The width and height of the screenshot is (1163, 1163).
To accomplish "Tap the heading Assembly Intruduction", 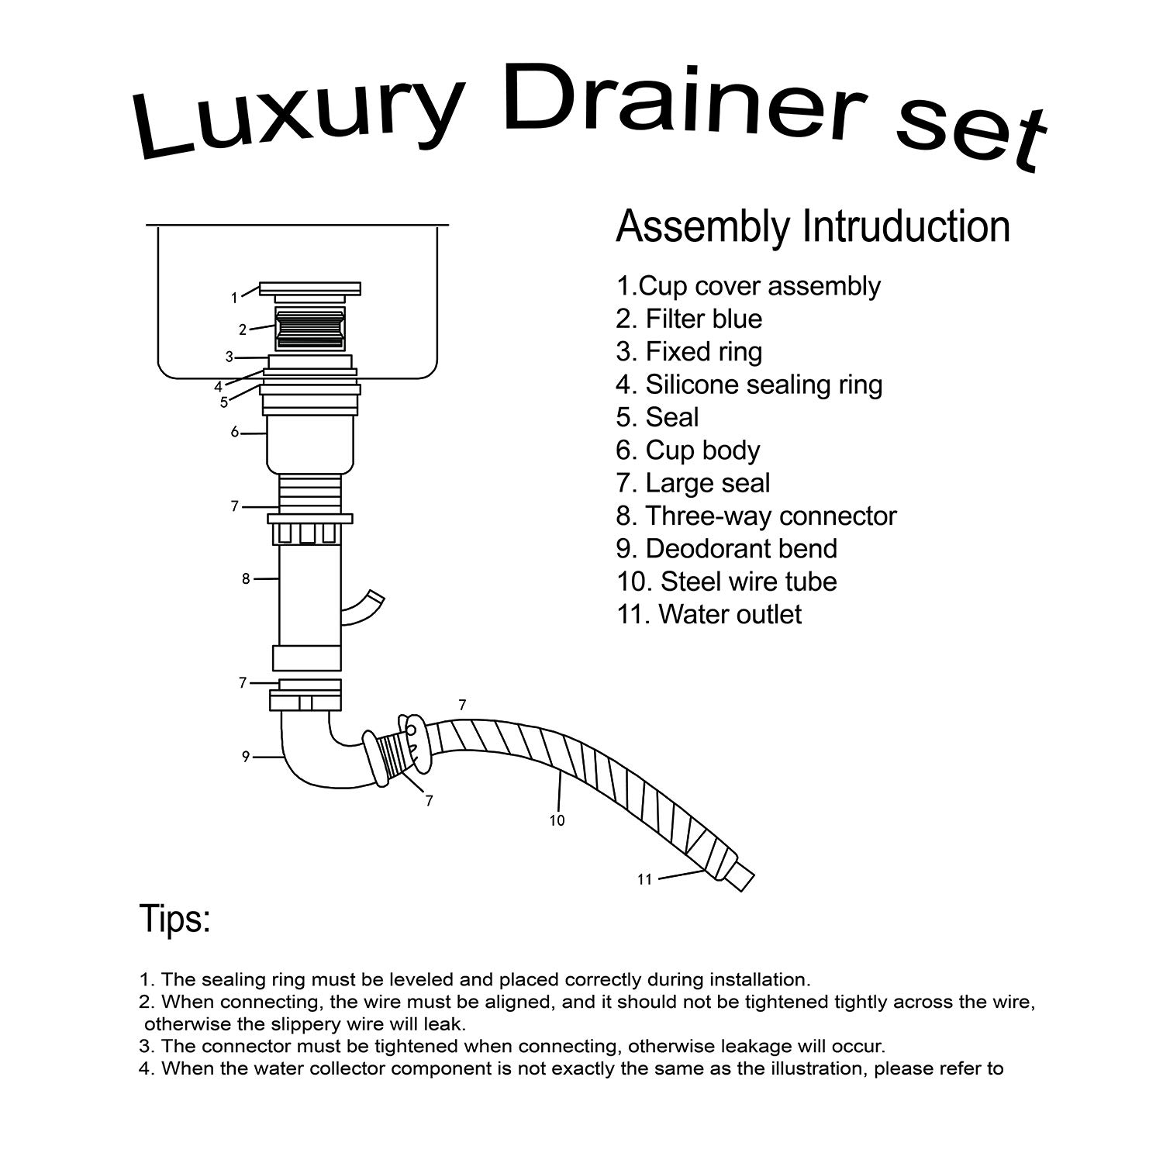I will point(813,226).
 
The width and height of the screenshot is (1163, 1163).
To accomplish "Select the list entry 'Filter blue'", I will point(689,319).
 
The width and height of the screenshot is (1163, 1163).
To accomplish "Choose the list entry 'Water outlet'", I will point(709,614).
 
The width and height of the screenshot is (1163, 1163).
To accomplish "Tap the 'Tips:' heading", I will point(175,919).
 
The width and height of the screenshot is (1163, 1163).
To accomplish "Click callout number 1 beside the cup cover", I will point(234,298).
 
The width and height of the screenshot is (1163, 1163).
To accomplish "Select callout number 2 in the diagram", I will point(243,330).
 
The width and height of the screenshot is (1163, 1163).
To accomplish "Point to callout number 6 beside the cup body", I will point(235,432).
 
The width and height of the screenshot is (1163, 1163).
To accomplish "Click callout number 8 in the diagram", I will point(246,578).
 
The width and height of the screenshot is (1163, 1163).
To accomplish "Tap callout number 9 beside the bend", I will point(246,757).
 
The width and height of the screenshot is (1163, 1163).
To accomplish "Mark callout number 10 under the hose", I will point(557,820).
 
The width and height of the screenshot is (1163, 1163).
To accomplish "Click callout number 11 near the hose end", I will point(644,879).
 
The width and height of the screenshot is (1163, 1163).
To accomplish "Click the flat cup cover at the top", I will point(310,288).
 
